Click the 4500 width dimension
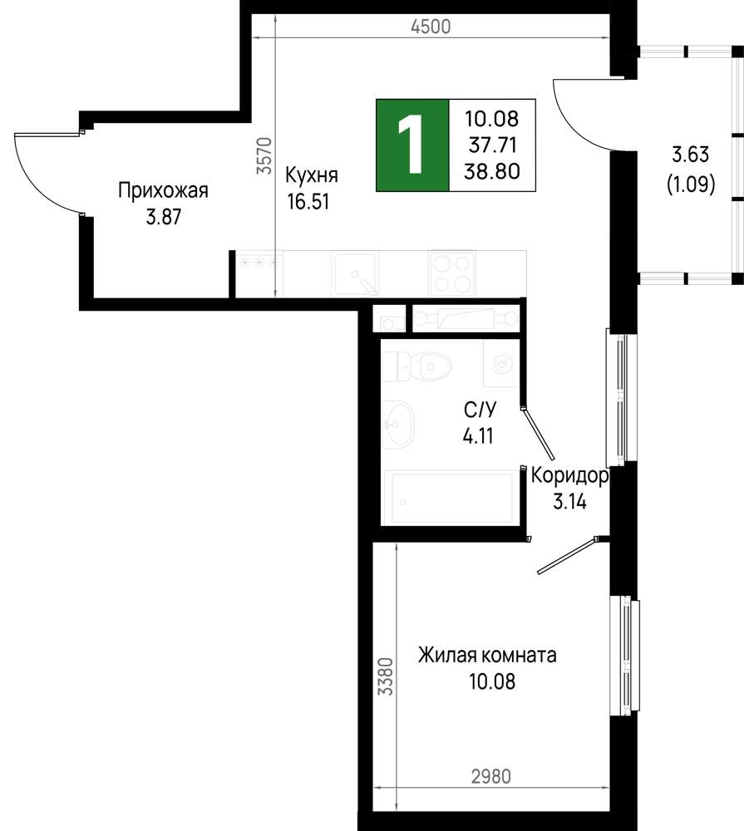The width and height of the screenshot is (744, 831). pyautogui.click(x=431, y=27)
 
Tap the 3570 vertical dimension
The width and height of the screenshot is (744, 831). pyautogui.click(x=264, y=156)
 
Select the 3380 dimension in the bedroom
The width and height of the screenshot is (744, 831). pyautogui.click(x=385, y=676)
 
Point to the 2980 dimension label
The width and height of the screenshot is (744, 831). pyautogui.click(x=491, y=776)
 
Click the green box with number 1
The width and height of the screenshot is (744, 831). pyautogui.click(x=412, y=145)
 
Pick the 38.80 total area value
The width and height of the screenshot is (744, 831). pyautogui.click(x=491, y=171)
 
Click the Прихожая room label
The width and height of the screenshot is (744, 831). pyautogui.click(x=163, y=190)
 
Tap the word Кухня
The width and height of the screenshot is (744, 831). pyautogui.click(x=311, y=175)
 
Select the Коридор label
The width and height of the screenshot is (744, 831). pyautogui.click(x=569, y=476)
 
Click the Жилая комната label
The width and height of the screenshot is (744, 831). pyautogui.click(x=487, y=656)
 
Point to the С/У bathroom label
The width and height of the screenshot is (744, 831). pyautogui.click(x=480, y=410)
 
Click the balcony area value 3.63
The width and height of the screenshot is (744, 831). pyautogui.click(x=691, y=155)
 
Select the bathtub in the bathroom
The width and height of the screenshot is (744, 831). pyautogui.click(x=452, y=498)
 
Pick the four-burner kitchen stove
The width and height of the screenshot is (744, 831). pyautogui.click(x=452, y=273)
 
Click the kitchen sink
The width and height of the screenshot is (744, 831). pyautogui.click(x=355, y=273)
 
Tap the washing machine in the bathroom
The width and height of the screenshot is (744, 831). pyautogui.click(x=501, y=364)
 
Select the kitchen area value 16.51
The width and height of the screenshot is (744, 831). pyautogui.click(x=308, y=201)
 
